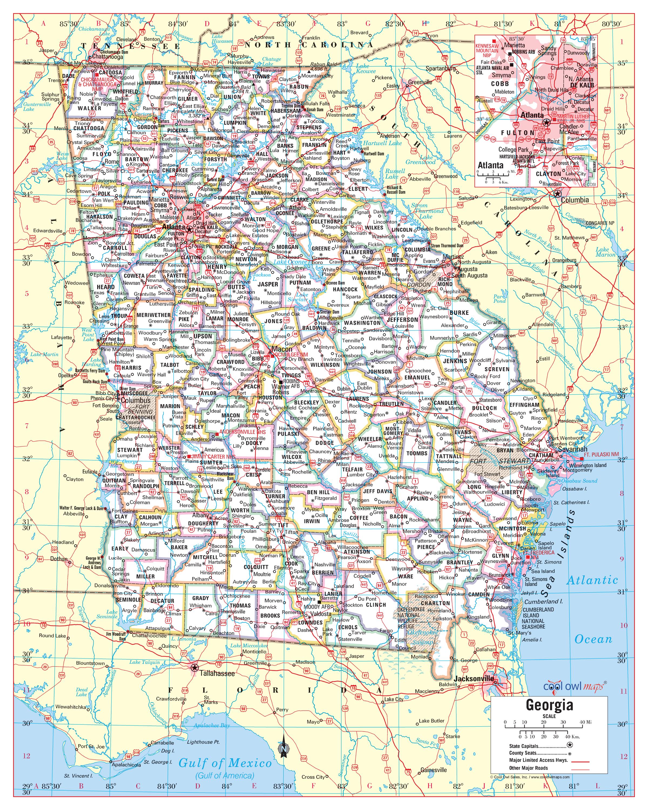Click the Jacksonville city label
coord(473,679)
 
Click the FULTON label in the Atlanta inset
coord(518,133)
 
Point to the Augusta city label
coord(467,269)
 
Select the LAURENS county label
coord(357,399)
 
